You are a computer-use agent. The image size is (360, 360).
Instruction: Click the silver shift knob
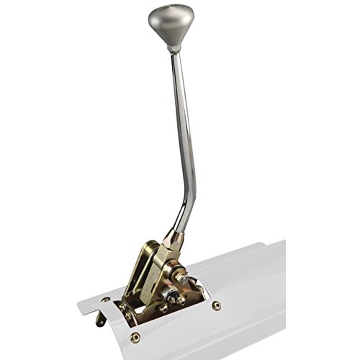171,25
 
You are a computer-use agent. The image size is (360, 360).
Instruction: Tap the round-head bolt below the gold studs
163,308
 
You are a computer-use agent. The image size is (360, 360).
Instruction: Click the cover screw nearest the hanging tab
105,300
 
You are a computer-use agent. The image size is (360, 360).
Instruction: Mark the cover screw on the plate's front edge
135,337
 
